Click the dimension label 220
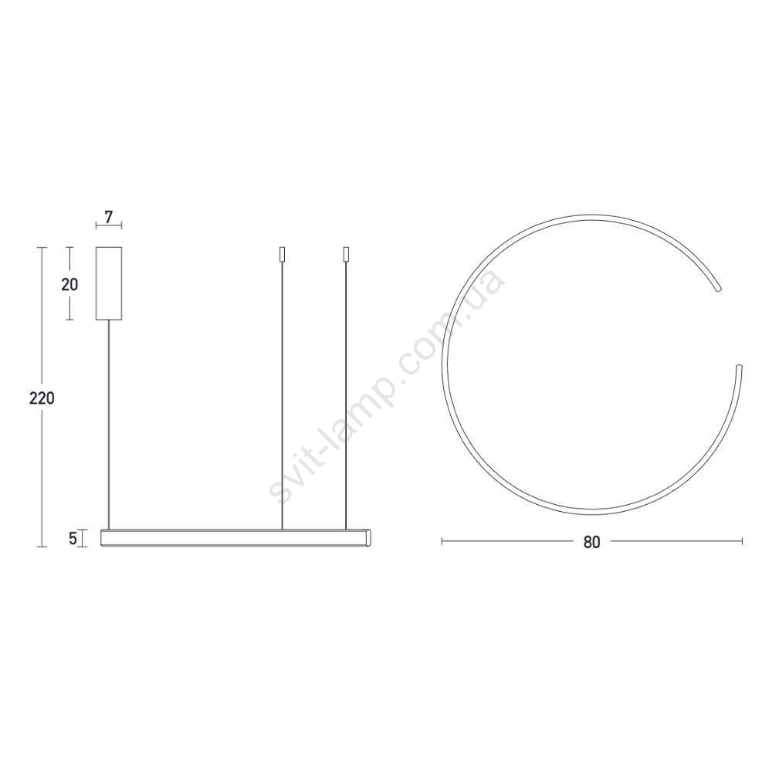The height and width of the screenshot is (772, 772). click(x=42, y=398)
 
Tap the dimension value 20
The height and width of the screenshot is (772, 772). click(x=69, y=284)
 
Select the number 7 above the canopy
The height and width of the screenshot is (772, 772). click(x=109, y=216)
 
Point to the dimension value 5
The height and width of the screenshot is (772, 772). click(x=73, y=539)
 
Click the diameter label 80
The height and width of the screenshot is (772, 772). click(x=591, y=542)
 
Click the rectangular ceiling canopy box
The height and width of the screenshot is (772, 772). click(x=109, y=283)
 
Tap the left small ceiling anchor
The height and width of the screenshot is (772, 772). click(x=282, y=254)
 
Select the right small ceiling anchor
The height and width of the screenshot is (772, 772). click(x=346, y=254)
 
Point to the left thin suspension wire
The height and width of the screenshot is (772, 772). click(x=282, y=395)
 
